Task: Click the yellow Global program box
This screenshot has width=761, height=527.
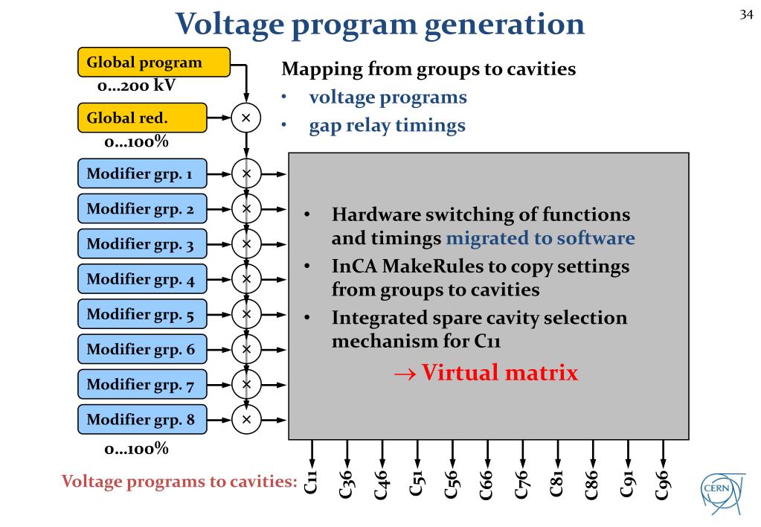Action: [x=153, y=63]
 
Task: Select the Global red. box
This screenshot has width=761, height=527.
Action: [x=142, y=118]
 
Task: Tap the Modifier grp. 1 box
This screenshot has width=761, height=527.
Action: [x=142, y=174]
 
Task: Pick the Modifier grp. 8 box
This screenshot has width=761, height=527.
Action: [x=142, y=420]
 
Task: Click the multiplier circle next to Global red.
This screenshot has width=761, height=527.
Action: [x=246, y=118]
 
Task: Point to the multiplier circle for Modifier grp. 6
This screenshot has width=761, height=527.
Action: [x=246, y=348]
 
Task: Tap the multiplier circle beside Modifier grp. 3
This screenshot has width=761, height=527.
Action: [x=246, y=243]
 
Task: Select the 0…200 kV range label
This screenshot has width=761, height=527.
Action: [x=136, y=86]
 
